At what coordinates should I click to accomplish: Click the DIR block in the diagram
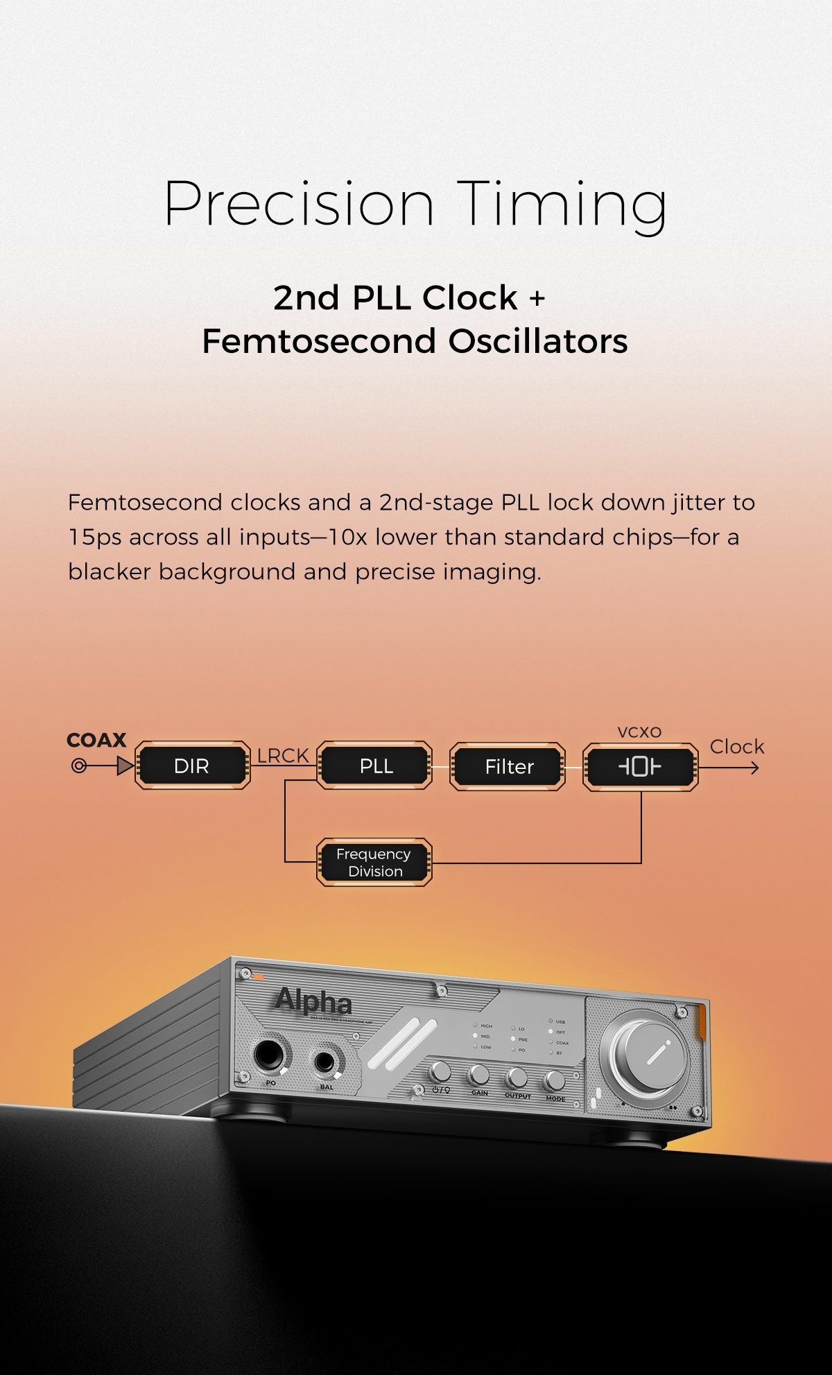coord(192,766)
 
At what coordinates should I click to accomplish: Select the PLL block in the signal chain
coord(375,766)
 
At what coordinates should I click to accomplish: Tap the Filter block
coord(508,766)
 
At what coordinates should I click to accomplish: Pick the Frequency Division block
coord(374,863)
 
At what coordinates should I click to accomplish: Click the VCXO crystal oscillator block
coord(640,766)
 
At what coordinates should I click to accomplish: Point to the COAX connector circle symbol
coord(79,766)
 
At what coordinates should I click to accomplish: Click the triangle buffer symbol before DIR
coord(125,766)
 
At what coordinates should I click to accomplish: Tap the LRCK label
coord(283,755)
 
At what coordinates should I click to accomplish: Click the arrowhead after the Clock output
coord(754,768)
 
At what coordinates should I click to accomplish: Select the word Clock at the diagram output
coord(736,747)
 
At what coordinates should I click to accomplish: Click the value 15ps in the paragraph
coord(94,537)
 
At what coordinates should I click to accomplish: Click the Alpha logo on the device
coord(313,1001)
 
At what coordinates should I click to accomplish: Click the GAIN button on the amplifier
coord(478,1075)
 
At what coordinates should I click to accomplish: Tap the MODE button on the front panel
coord(553,1080)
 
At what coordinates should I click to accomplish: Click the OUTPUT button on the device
coord(516,1078)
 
